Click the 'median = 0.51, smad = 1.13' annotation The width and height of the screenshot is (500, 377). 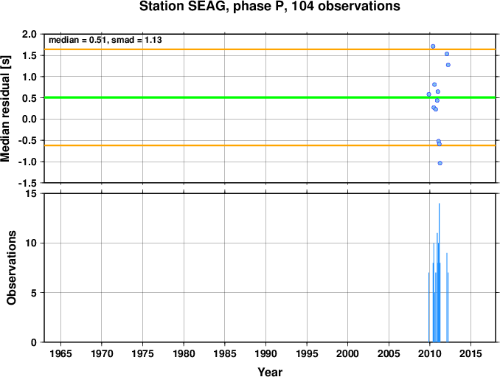click(x=105, y=40)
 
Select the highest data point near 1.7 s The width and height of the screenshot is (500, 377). click(x=433, y=46)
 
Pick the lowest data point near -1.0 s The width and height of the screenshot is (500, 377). click(x=440, y=163)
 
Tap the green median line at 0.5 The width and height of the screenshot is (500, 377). click(x=270, y=97)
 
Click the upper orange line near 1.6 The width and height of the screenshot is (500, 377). click(x=270, y=49)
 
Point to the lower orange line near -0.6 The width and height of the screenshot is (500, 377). click(x=270, y=145)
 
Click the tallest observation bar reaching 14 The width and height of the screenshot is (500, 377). click(x=439, y=273)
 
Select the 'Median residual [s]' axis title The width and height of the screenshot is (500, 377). click(x=5, y=108)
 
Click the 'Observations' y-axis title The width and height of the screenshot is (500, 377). click(x=12, y=268)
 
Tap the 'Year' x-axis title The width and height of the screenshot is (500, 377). click(x=270, y=372)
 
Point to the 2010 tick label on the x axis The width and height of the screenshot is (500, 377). click(x=429, y=353)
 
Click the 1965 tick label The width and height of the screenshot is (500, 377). click(x=60, y=353)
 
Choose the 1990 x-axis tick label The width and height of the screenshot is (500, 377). click(x=265, y=353)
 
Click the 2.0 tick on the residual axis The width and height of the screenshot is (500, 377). click(x=29, y=34)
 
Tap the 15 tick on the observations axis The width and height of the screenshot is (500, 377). click(x=31, y=194)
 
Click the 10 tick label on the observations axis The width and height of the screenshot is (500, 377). click(x=31, y=243)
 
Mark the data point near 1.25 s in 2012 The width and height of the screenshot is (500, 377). click(x=448, y=65)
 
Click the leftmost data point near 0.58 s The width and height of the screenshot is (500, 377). click(x=429, y=94)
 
